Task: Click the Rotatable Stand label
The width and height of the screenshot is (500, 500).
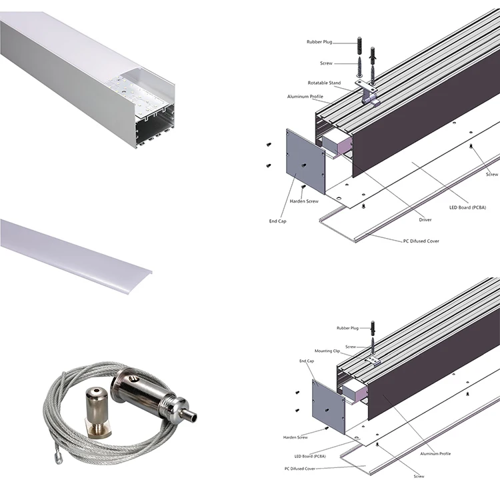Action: tap(324, 83)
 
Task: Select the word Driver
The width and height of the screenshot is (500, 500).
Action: tap(425, 219)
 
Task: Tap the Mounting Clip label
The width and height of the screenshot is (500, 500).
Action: tap(328, 350)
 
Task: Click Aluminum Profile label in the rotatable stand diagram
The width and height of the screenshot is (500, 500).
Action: tap(305, 97)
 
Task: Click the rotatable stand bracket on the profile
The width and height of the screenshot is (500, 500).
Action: tap(370, 97)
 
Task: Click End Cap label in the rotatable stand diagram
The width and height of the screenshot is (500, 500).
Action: tap(278, 221)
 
